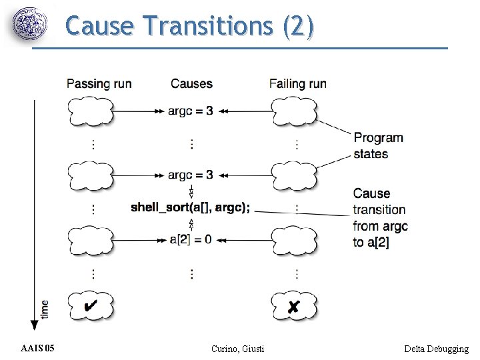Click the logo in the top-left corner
click(x=31, y=25)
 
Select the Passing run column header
click(x=99, y=83)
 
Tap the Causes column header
click(x=191, y=83)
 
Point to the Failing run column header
click(x=298, y=83)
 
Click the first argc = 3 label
click(x=191, y=111)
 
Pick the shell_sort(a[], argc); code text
click(x=191, y=207)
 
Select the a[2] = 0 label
click(x=191, y=239)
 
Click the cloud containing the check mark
click(x=91, y=306)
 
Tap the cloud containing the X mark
click(x=294, y=306)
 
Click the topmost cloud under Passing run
click(x=91, y=111)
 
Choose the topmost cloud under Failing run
click(x=294, y=111)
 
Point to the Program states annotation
click(x=378, y=146)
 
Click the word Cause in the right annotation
click(x=371, y=193)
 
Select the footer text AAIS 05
click(x=38, y=349)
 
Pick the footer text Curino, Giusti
click(x=237, y=349)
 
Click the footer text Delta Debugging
click(x=436, y=349)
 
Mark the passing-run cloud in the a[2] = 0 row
click(x=91, y=239)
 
